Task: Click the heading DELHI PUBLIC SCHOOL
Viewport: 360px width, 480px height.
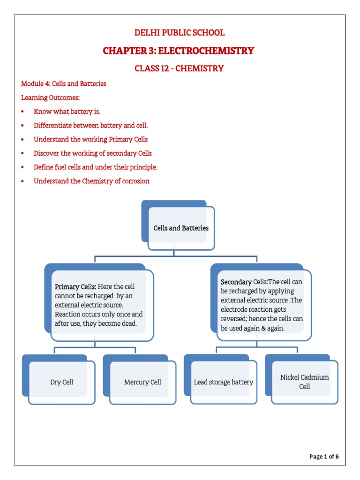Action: [x=180, y=33]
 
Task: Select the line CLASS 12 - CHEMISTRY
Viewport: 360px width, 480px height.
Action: [x=180, y=68]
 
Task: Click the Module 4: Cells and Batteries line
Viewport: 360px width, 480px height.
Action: [x=64, y=84]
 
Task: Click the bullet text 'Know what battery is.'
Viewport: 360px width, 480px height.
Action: [x=67, y=112]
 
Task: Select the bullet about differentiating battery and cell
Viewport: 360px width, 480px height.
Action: [x=91, y=126]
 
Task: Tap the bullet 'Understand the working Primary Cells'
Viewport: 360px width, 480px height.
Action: [x=91, y=139]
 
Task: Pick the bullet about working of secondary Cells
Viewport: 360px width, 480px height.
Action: [x=93, y=153]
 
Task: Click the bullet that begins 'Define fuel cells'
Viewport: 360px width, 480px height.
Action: [x=96, y=167]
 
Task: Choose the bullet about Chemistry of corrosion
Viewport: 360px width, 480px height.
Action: [x=91, y=181]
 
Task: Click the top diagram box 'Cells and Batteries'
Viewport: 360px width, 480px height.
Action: [x=181, y=228]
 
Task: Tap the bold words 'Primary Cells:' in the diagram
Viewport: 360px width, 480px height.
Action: [x=75, y=286]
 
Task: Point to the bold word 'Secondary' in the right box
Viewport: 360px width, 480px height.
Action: [x=236, y=282]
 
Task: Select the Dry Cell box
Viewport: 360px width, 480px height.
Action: [x=62, y=382]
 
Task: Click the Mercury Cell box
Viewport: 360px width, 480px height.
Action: [x=142, y=382]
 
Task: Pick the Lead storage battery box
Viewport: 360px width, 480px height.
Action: [x=223, y=382]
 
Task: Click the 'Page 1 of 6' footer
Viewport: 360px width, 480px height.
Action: [x=324, y=457]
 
